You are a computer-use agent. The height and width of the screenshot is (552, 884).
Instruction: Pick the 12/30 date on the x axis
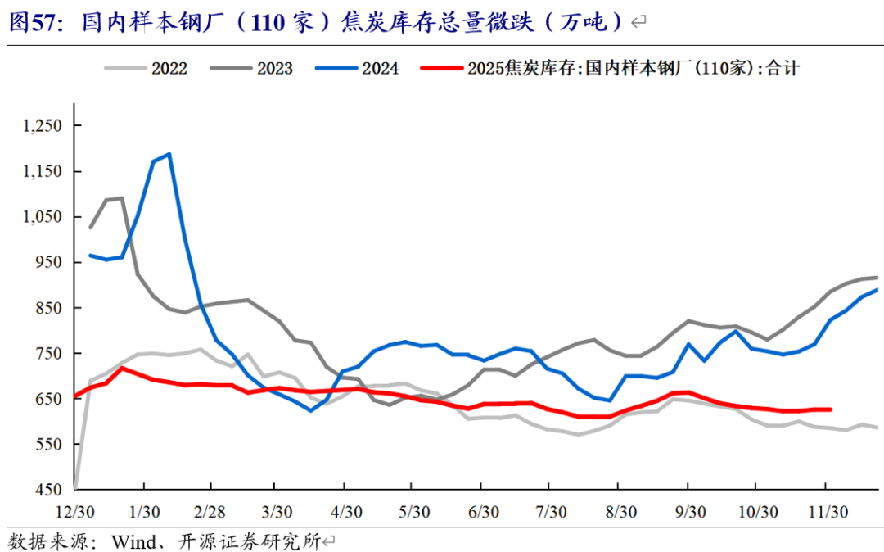(x=74, y=512)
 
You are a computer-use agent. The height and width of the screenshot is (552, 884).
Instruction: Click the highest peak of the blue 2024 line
(x=169, y=154)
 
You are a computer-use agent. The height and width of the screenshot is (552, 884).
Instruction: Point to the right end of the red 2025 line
(x=830, y=409)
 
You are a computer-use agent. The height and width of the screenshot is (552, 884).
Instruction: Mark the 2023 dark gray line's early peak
(x=121, y=198)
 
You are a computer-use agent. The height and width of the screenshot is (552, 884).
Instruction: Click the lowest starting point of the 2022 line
(x=74, y=488)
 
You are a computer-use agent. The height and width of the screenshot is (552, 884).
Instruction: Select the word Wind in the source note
(x=133, y=541)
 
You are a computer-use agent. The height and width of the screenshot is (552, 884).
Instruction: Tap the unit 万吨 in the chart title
(x=587, y=22)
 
